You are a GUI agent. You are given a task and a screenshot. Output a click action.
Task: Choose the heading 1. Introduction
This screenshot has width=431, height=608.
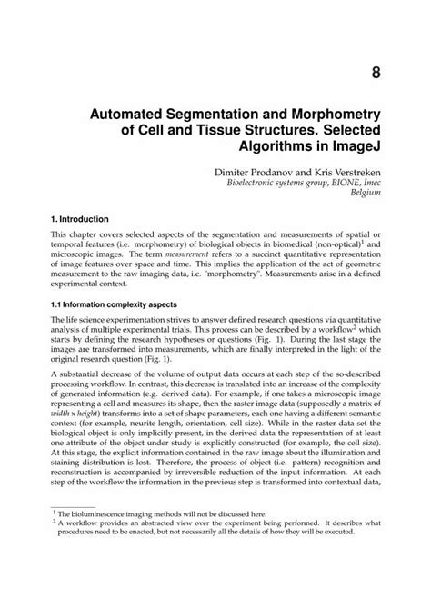tap(79, 219)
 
